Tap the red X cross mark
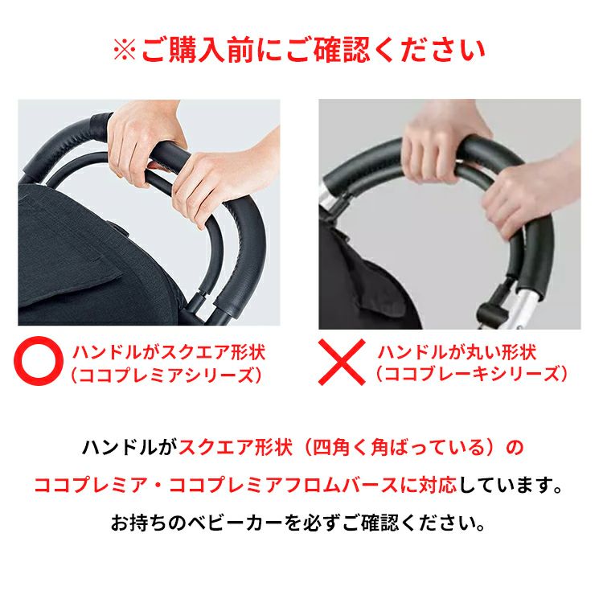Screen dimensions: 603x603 tap(342, 362)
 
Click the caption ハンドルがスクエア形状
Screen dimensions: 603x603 tap(169, 352)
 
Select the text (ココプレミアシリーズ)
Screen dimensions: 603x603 tap(166, 375)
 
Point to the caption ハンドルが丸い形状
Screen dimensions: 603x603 tap(457, 352)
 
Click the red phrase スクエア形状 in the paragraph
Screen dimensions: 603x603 tap(236, 447)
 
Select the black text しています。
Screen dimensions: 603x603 tap(511, 486)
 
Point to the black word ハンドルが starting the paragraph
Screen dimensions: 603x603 tap(129, 447)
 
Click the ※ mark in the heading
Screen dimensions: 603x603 tap(125, 51)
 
